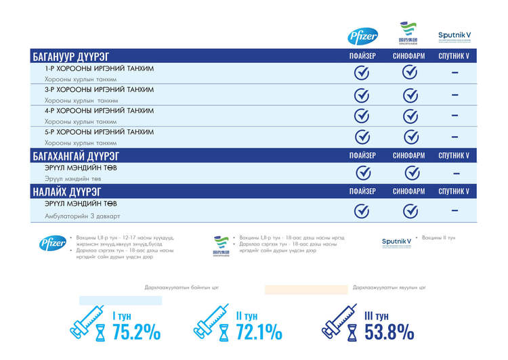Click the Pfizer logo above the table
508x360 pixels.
coord(362,37)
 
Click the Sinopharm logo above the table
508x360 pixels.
coord(408,34)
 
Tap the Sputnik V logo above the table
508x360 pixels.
coord(454,36)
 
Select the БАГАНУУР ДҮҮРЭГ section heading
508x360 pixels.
coord(70,55)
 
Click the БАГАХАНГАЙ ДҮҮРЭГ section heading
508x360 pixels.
coord(75,155)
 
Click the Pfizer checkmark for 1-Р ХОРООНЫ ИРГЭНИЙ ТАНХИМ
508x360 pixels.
coord(362,73)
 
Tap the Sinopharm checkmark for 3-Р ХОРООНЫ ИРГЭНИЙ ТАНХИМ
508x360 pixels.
coord(409,95)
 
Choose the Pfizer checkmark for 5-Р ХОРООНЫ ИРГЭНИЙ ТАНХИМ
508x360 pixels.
coord(362,137)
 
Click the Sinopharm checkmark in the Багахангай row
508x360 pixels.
coord(409,173)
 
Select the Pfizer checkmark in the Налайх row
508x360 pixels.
coord(362,210)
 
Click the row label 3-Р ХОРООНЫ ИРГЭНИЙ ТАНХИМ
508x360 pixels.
coord(99,89)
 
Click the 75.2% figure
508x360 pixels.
coord(136,332)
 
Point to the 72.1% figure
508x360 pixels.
coord(259,332)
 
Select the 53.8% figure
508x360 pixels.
coord(389,332)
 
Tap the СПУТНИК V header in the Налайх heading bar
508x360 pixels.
coord(454,192)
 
